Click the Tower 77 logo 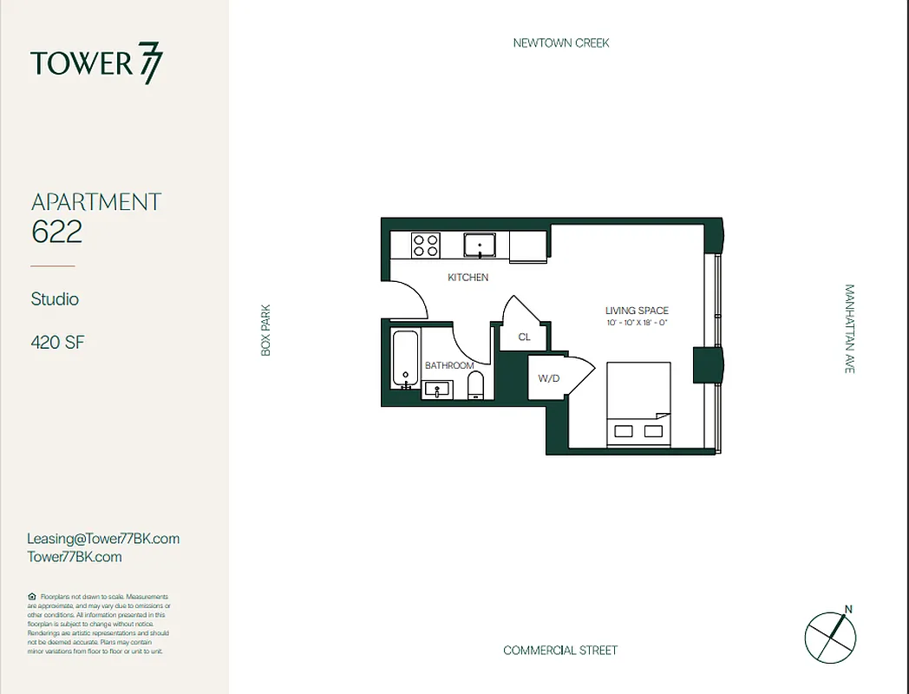tap(96, 65)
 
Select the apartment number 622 tap(56, 232)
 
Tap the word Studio tap(55, 299)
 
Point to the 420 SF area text tap(57, 343)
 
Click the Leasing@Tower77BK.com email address tap(103, 539)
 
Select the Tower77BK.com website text tap(75, 557)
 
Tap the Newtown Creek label tap(561, 43)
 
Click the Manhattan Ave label tap(849, 329)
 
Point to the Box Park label tap(266, 329)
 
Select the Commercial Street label tap(560, 651)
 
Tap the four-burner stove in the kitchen tap(425, 246)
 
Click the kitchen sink tap(479, 246)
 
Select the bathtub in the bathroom tap(405, 360)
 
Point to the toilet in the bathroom tap(475, 384)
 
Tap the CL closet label tap(524, 337)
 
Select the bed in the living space tap(638, 404)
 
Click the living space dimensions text tap(637, 324)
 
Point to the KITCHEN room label tap(468, 278)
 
